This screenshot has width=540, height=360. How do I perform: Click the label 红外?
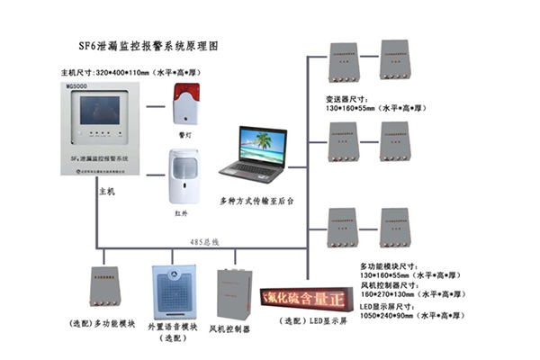[x=183, y=216]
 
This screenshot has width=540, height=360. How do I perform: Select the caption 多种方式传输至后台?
[x=257, y=202]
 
